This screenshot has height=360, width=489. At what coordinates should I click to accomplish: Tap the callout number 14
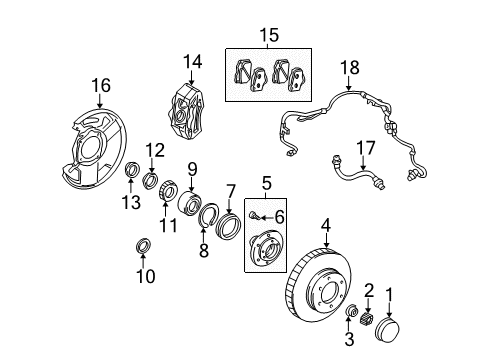pyautogui.click(x=192, y=61)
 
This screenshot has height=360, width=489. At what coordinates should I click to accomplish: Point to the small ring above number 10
pyautogui.click(x=144, y=246)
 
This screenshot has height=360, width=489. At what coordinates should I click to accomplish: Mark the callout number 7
pyautogui.click(x=231, y=189)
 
